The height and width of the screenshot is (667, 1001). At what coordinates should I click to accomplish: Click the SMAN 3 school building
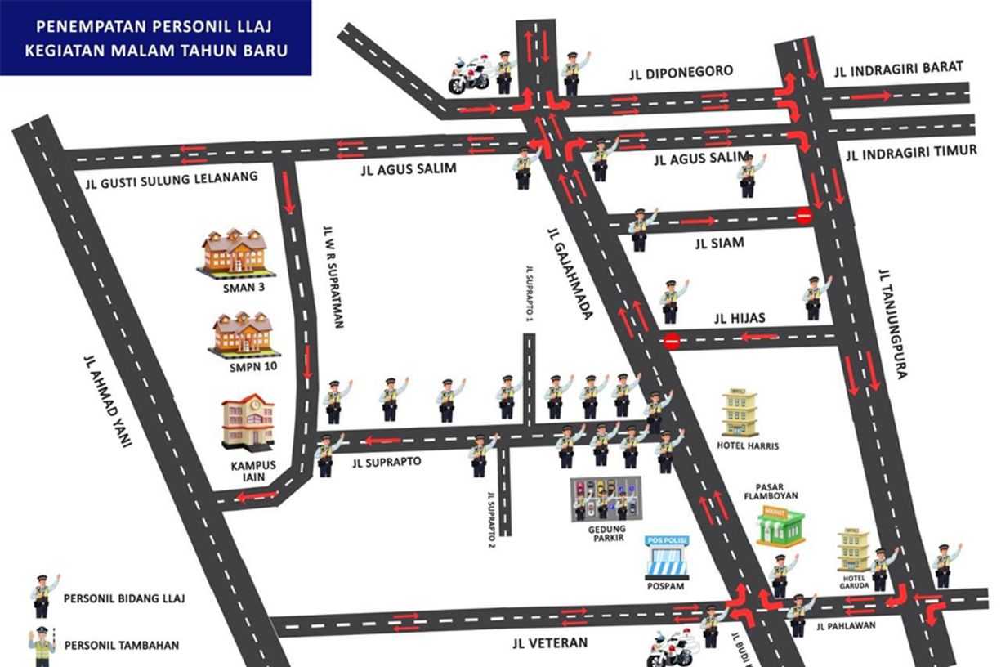(x=234, y=251)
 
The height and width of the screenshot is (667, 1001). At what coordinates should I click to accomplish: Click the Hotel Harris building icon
(x=740, y=413)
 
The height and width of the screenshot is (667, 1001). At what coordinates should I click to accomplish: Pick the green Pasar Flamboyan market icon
(x=780, y=526)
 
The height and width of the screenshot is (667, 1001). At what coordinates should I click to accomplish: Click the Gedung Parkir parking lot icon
(x=606, y=499)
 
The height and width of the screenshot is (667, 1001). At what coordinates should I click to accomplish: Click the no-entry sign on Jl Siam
(x=804, y=217)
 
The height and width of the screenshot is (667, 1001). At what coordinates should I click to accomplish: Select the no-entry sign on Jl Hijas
(x=672, y=341)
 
